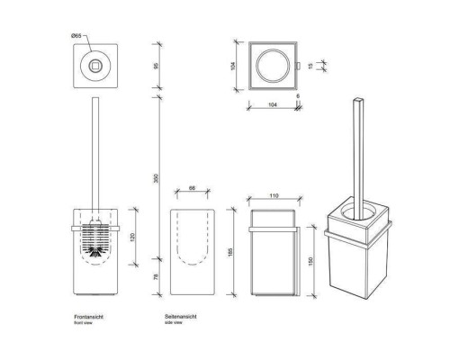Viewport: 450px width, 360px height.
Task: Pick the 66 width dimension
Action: (x=193, y=189)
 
